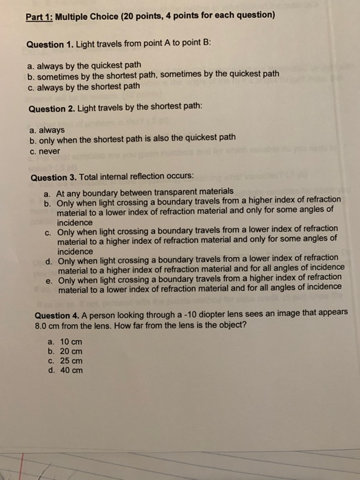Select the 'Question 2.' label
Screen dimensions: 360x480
pos(58,109)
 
